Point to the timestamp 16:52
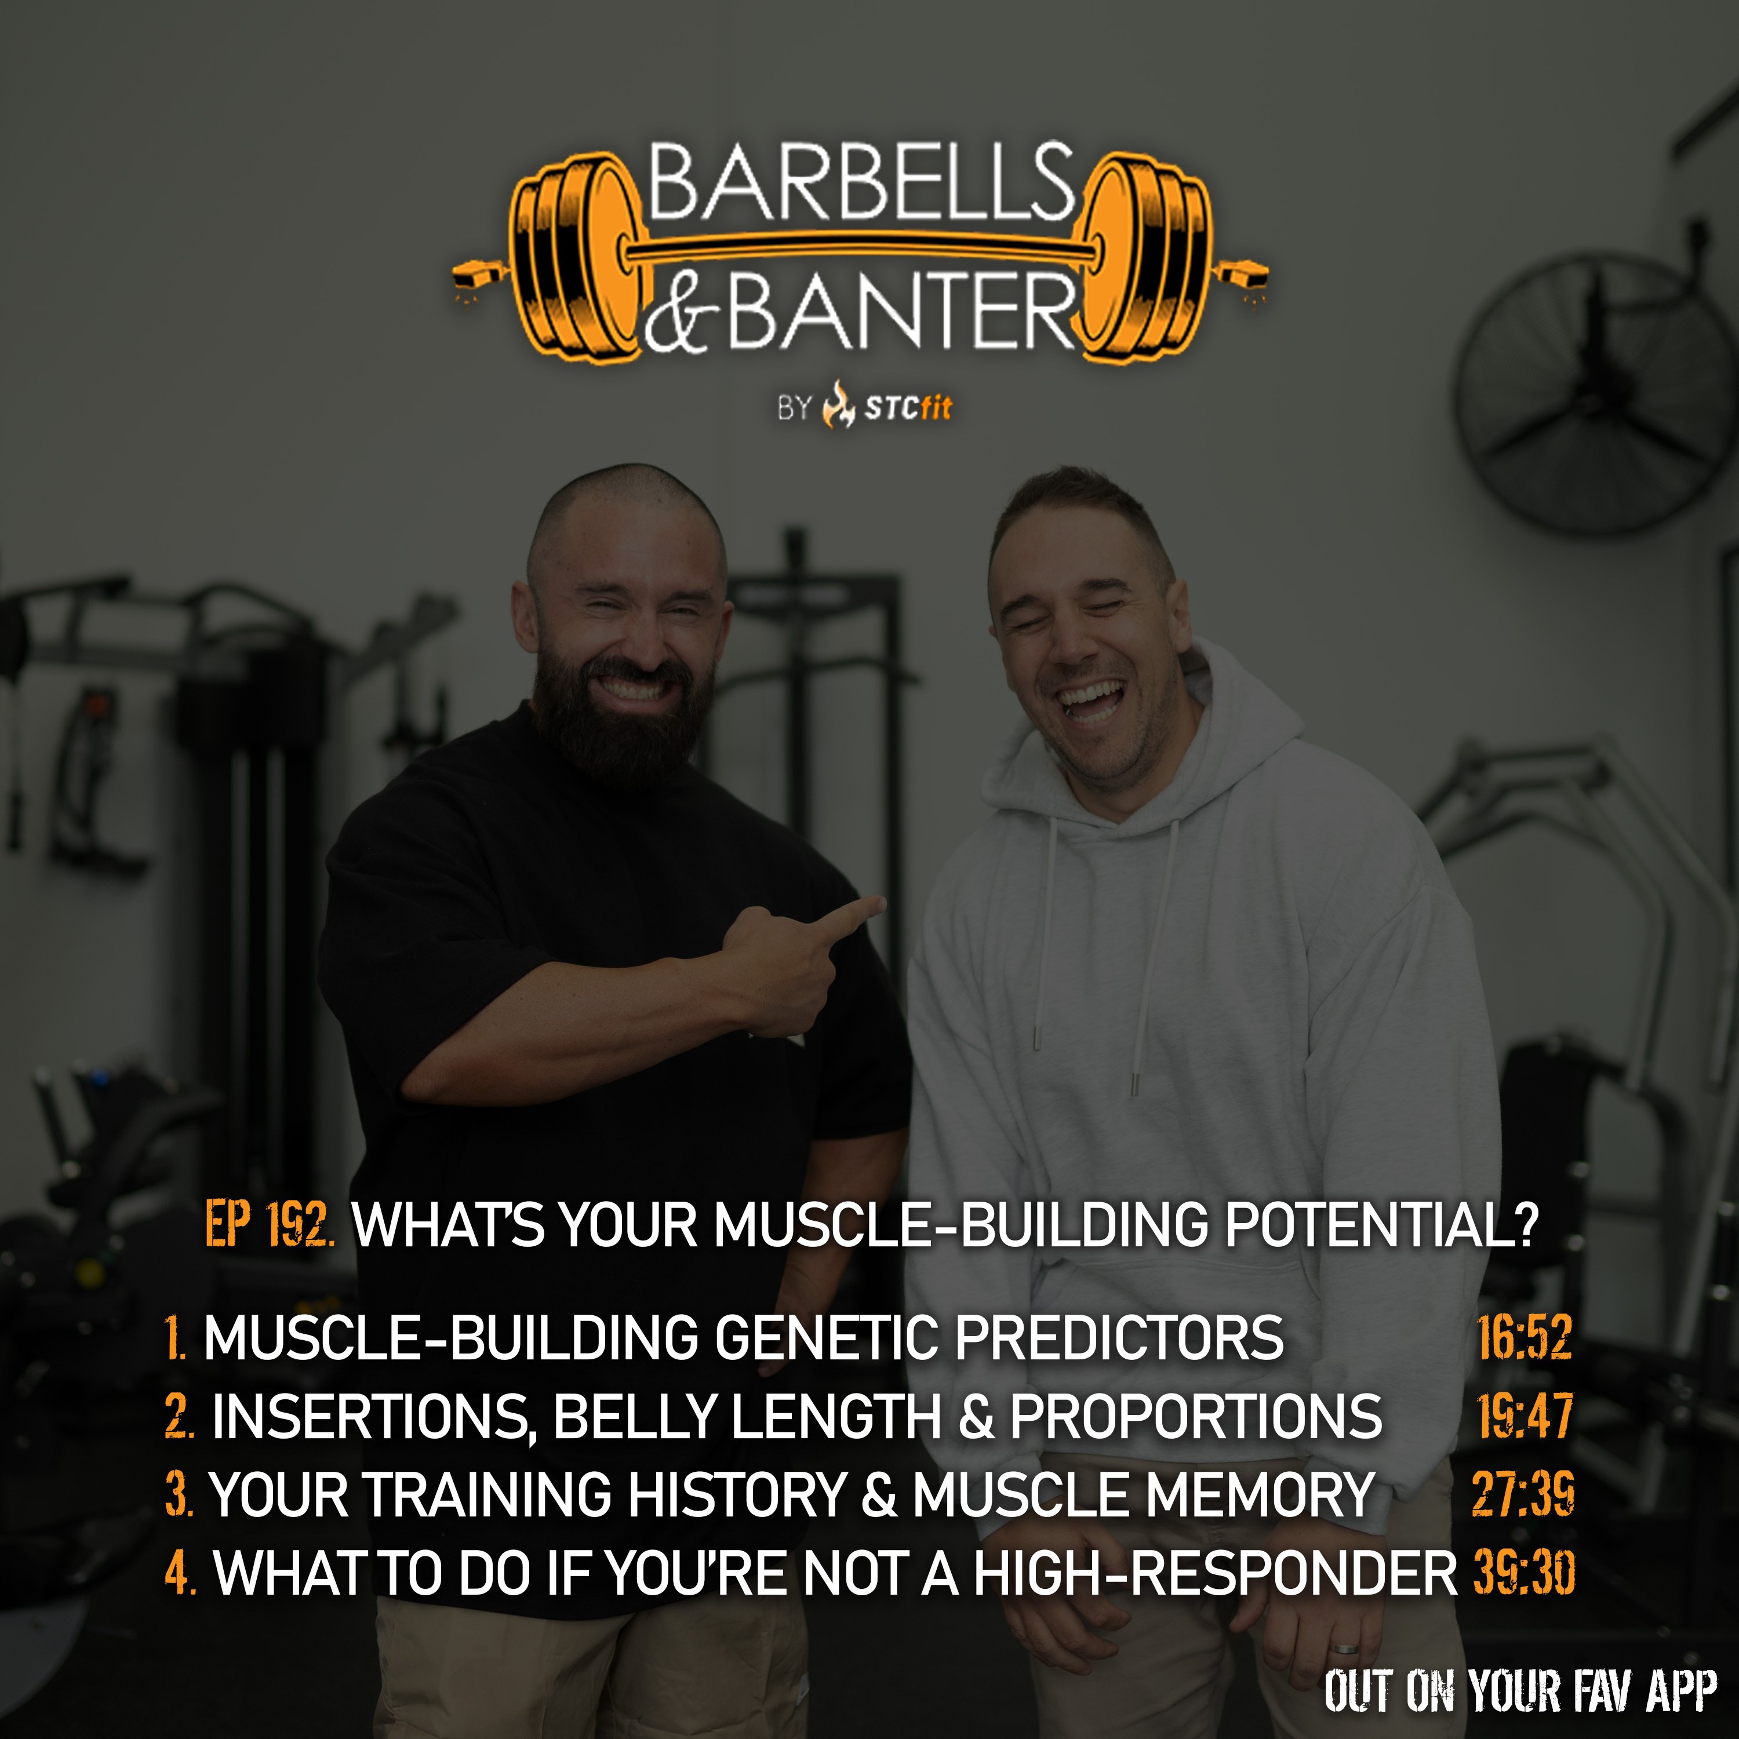point(1525,1337)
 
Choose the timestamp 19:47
point(1525,1416)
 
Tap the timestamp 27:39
point(1523,1494)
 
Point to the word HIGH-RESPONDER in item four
point(1214,1573)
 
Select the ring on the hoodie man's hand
point(1345,1648)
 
